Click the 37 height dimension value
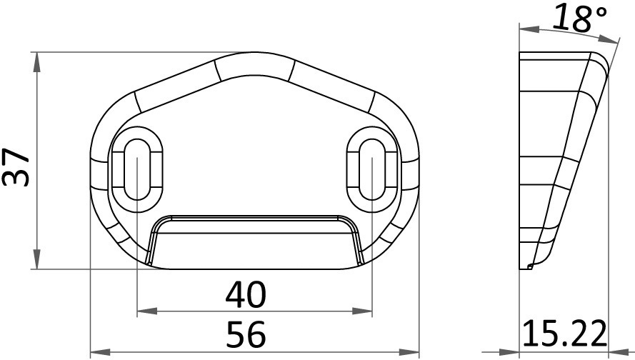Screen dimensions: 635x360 tap(16, 167)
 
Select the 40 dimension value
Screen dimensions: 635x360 tap(246, 294)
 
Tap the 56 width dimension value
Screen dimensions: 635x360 tap(246, 334)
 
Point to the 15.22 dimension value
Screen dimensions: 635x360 tap(564, 334)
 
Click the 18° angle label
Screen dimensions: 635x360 tap(579, 19)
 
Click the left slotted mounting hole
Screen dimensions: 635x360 tap(137, 169)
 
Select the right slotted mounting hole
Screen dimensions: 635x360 tap(372, 169)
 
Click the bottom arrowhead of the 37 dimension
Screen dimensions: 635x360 tap(37, 259)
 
